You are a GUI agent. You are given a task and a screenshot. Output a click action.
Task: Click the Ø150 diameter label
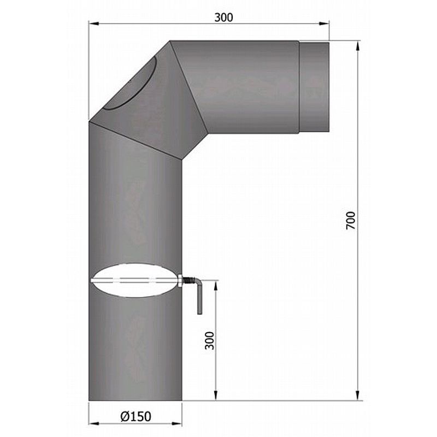(x=135, y=417)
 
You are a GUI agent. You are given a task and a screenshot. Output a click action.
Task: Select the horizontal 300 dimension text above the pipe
(x=223, y=17)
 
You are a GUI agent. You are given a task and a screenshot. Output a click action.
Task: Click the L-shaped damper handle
(x=198, y=298)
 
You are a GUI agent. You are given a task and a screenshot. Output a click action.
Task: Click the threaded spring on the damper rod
(x=187, y=281)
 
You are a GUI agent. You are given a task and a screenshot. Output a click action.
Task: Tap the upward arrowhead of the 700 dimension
(x=358, y=45)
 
